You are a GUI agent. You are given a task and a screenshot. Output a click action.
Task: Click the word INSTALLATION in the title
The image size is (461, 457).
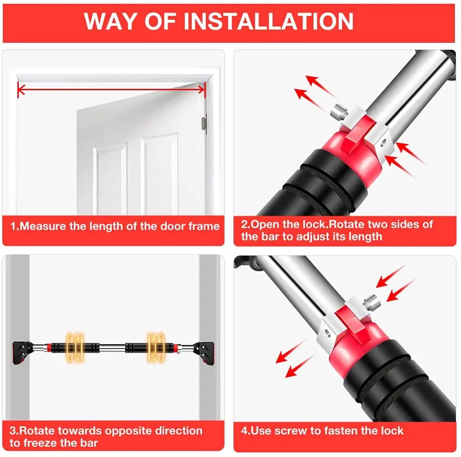(x=268, y=21)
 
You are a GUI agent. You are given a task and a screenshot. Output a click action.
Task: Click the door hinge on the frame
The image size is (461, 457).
(x=204, y=124)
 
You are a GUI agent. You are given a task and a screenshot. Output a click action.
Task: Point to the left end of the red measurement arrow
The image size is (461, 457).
(x=18, y=89)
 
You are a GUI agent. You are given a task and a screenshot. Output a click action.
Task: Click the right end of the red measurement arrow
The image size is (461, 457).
(x=205, y=89)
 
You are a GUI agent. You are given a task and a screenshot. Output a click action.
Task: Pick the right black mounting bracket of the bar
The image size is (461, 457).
(x=204, y=353)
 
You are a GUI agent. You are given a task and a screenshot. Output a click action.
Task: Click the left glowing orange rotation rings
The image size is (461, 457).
(x=75, y=347)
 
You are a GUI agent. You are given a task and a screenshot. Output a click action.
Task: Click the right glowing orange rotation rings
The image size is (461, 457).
(x=156, y=347)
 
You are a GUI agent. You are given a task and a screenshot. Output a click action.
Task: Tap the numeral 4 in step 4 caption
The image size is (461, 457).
(x=244, y=431)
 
